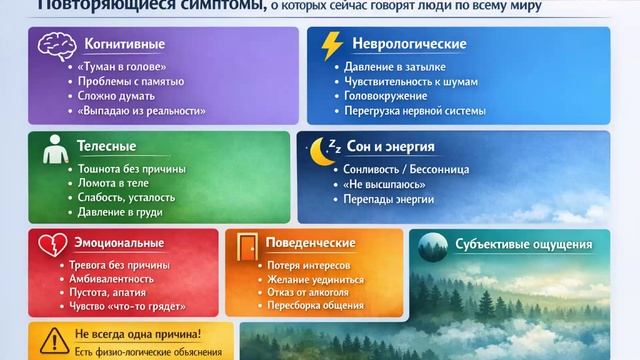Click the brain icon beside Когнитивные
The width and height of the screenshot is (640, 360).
tap(53, 45)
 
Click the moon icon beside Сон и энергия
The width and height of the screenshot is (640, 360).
tap(322, 150)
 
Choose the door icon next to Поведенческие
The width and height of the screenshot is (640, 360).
tap(246, 243)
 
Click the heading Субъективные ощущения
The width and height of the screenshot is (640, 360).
tap(523, 244)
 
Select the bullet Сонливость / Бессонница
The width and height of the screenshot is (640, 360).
tap(405, 169)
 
